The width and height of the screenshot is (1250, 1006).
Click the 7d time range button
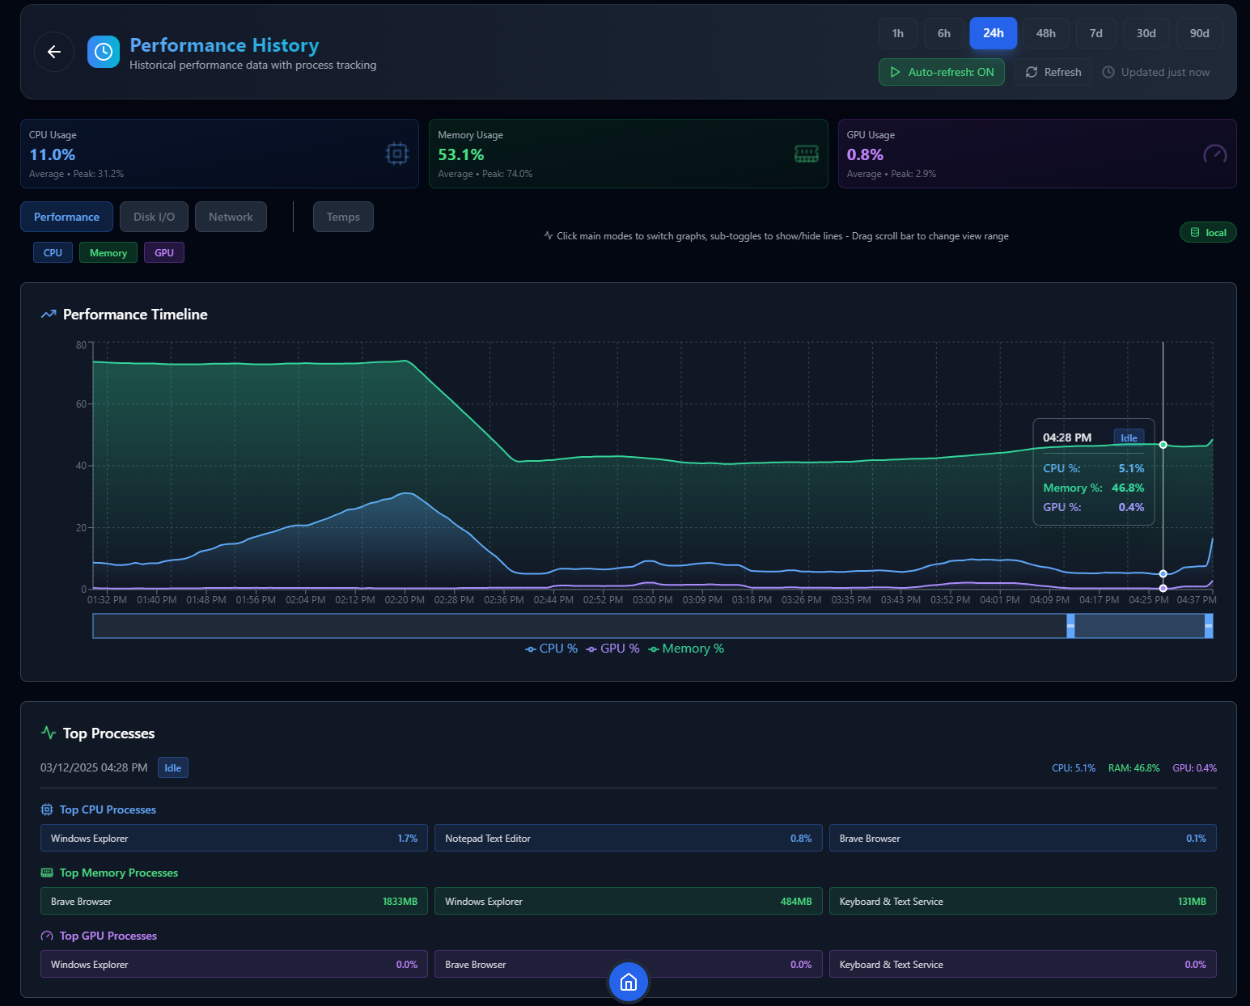[x=1096, y=33]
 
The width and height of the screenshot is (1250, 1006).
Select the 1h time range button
[x=898, y=33]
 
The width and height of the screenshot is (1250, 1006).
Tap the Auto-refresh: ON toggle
[x=942, y=72]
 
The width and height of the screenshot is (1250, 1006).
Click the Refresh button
[x=1053, y=72]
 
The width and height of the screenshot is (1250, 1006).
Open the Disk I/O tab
[x=154, y=217]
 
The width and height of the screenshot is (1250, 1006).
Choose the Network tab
[x=231, y=217]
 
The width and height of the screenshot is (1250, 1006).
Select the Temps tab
[x=343, y=217]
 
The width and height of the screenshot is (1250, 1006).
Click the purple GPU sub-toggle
[x=164, y=253]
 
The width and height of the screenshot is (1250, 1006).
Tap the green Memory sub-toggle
[x=108, y=253]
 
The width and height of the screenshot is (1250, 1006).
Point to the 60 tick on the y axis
[x=81, y=404]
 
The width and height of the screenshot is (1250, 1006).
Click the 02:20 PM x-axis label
[x=405, y=600]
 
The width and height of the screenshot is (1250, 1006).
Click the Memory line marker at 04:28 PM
[x=1163, y=445]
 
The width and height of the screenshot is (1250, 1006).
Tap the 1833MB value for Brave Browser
[x=400, y=902]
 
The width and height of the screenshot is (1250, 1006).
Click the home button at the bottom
[x=629, y=982]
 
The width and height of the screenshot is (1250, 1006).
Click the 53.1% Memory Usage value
[x=461, y=154]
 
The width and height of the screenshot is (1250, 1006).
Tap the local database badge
[x=1208, y=233]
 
